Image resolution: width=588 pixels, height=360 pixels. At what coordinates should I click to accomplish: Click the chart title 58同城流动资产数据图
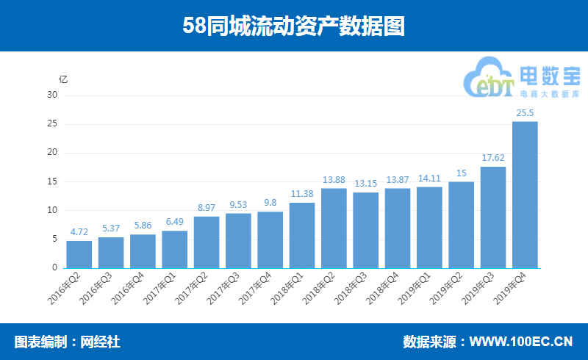pyautogui.click(x=293, y=26)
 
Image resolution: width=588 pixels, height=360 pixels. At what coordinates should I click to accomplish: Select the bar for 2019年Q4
pyautogui.click(x=525, y=195)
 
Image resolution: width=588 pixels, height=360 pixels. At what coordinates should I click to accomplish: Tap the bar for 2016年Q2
pyautogui.click(x=79, y=254)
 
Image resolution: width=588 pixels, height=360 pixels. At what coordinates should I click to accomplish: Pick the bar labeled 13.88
pyautogui.click(x=334, y=228)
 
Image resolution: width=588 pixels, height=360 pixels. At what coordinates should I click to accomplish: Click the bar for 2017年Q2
pyautogui.click(x=207, y=242)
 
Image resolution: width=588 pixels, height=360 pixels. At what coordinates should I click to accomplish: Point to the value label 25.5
pyautogui.click(x=525, y=112)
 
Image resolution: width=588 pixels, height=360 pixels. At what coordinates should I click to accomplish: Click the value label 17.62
pyautogui.click(x=493, y=157)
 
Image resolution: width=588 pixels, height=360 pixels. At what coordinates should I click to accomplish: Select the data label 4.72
pyautogui.click(x=79, y=231)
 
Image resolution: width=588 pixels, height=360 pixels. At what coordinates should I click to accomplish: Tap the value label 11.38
pyautogui.click(x=302, y=193)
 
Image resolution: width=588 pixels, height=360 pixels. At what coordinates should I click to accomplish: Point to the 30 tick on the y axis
pyautogui.click(x=52, y=95)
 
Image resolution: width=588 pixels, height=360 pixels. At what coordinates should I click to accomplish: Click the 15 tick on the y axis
pyautogui.click(x=52, y=181)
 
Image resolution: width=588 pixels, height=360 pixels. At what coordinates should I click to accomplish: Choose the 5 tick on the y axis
pyautogui.click(x=54, y=240)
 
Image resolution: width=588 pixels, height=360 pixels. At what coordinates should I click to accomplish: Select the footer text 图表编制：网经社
pyautogui.click(x=67, y=342)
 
